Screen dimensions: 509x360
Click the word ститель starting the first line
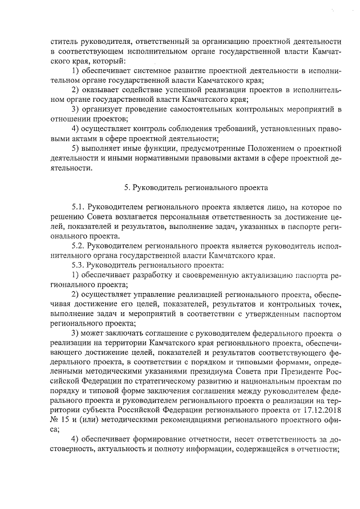62,41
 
